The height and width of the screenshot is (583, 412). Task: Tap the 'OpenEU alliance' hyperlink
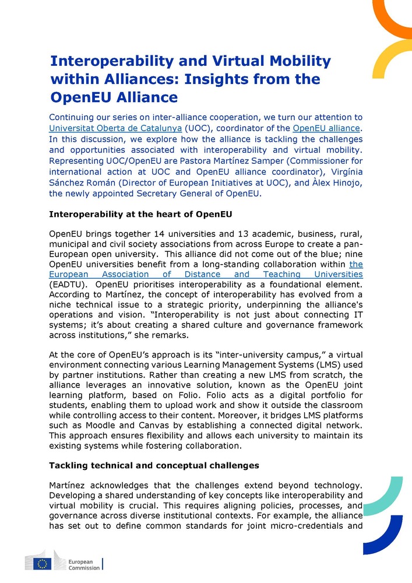pos(326,128)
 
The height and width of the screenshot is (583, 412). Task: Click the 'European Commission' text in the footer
pos(83,563)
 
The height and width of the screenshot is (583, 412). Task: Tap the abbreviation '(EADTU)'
pos(69,285)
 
